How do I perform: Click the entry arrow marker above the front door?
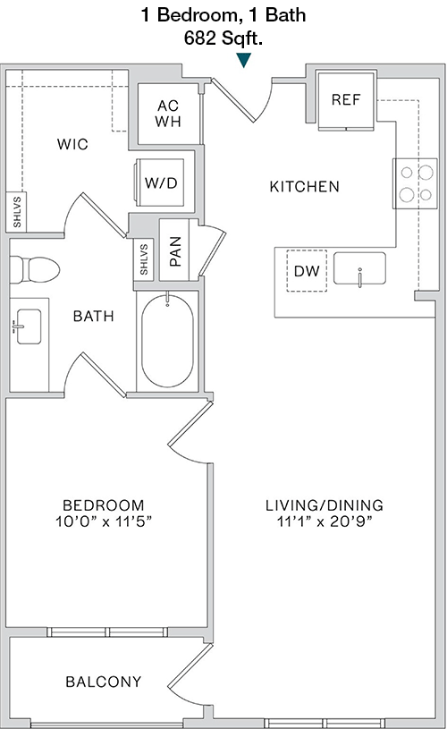pyautogui.click(x=243, y=60)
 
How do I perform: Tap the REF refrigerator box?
pyautogui.click(x=346, y=100)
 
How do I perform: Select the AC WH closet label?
pyautogui.click(x=168, y=114)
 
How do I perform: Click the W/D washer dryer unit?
pyautogui.click(x=161, y=182)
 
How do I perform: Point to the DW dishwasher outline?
pyautogui.click(x=307, y=271)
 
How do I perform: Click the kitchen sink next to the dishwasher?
pyautogui.click(x=359, y=268)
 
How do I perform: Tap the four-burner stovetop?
pyautogui.click(x=415, y=183)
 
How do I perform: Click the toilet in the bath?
pyautogui.click(x=35, y=269)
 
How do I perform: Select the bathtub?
pyautogui.click(x=167, y=341)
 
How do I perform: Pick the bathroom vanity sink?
pyautogui.click(x=28, y=326)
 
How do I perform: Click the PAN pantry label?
pyautogui.click(x=175, y=251)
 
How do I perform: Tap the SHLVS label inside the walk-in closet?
pyautogui.click(x=17, y=212)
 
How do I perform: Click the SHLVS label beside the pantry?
pyautogui.click(x=144, y=259)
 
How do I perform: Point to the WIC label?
pyautogui.click(x=72, y=144)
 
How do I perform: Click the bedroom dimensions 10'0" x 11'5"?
pyautogui.click(x=104, y=521)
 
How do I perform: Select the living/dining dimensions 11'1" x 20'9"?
pyautogui.click(x=325, y=521)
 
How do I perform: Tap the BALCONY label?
pyautogui.click(x=103, y=682)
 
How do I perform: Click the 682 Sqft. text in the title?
pyautogui.click(x=223, y=38)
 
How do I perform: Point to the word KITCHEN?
pyautogui.click(x=304, y=186)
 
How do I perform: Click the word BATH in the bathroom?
pyautogui.click(x=93, y=316)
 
